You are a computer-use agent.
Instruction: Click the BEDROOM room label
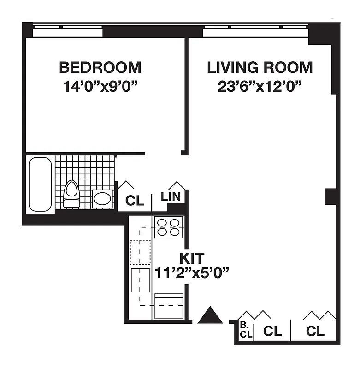pyautogui.click(x=100, y=67)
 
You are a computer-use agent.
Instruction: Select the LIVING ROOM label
pyautogui.click(x=260, y=67)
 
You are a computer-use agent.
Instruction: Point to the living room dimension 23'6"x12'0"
pyautogui.click(x=260, y=87)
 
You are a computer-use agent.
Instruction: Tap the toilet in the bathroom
pyautogui.click(x=71, y=194)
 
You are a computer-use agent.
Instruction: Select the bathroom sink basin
pyautogui.click(x=102, y=199)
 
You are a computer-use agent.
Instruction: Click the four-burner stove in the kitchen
pyautogui.click(x=168, y=227)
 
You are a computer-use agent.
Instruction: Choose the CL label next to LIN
pyautogui.click(x=135, y=201)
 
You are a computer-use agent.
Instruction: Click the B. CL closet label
pyautogui.click(x=246, y=330)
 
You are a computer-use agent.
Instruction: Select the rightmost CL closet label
pyautogui.click(x=315, y=331)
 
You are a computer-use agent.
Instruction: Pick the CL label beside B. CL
pyautogui.click(x=272, y=331)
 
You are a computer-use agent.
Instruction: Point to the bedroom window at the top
pyautogui.click(x=67, y=32)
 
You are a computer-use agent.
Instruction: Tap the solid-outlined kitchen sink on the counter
pyautogui.click(x=140, y=280)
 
